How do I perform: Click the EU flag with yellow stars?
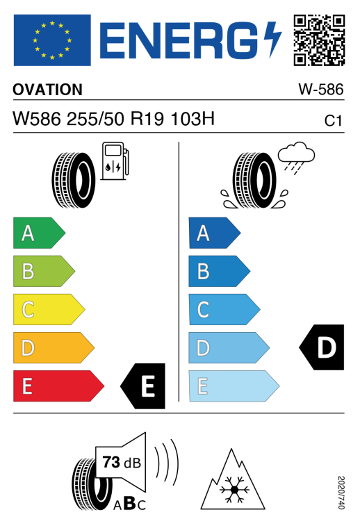[x=52, y=40]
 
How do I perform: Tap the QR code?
[x=319, y=40]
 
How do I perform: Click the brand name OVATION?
[x=47, y=90]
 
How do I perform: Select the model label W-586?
[x=321, y=90]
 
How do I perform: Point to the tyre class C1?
[x=333, y=121]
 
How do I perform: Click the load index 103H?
[x=193, y=119]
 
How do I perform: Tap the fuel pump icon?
[x=115, y=161]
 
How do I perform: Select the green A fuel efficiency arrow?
[x=39, y=233]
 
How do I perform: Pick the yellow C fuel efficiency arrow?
[x=49, y=309]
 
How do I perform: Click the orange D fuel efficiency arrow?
[x=54, y=348]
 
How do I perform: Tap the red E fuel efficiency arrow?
[x=58, y=386]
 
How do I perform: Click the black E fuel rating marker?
[x=143, y=386]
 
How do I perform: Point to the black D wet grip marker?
[x=322, y=347]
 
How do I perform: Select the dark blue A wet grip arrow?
[x=215, y=233]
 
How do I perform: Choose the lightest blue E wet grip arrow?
[x=234, y=386]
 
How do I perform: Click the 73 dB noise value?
[x=122, y=462]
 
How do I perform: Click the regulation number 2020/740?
[x=341, y=493]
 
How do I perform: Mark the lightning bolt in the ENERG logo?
[x=272, y=40]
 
